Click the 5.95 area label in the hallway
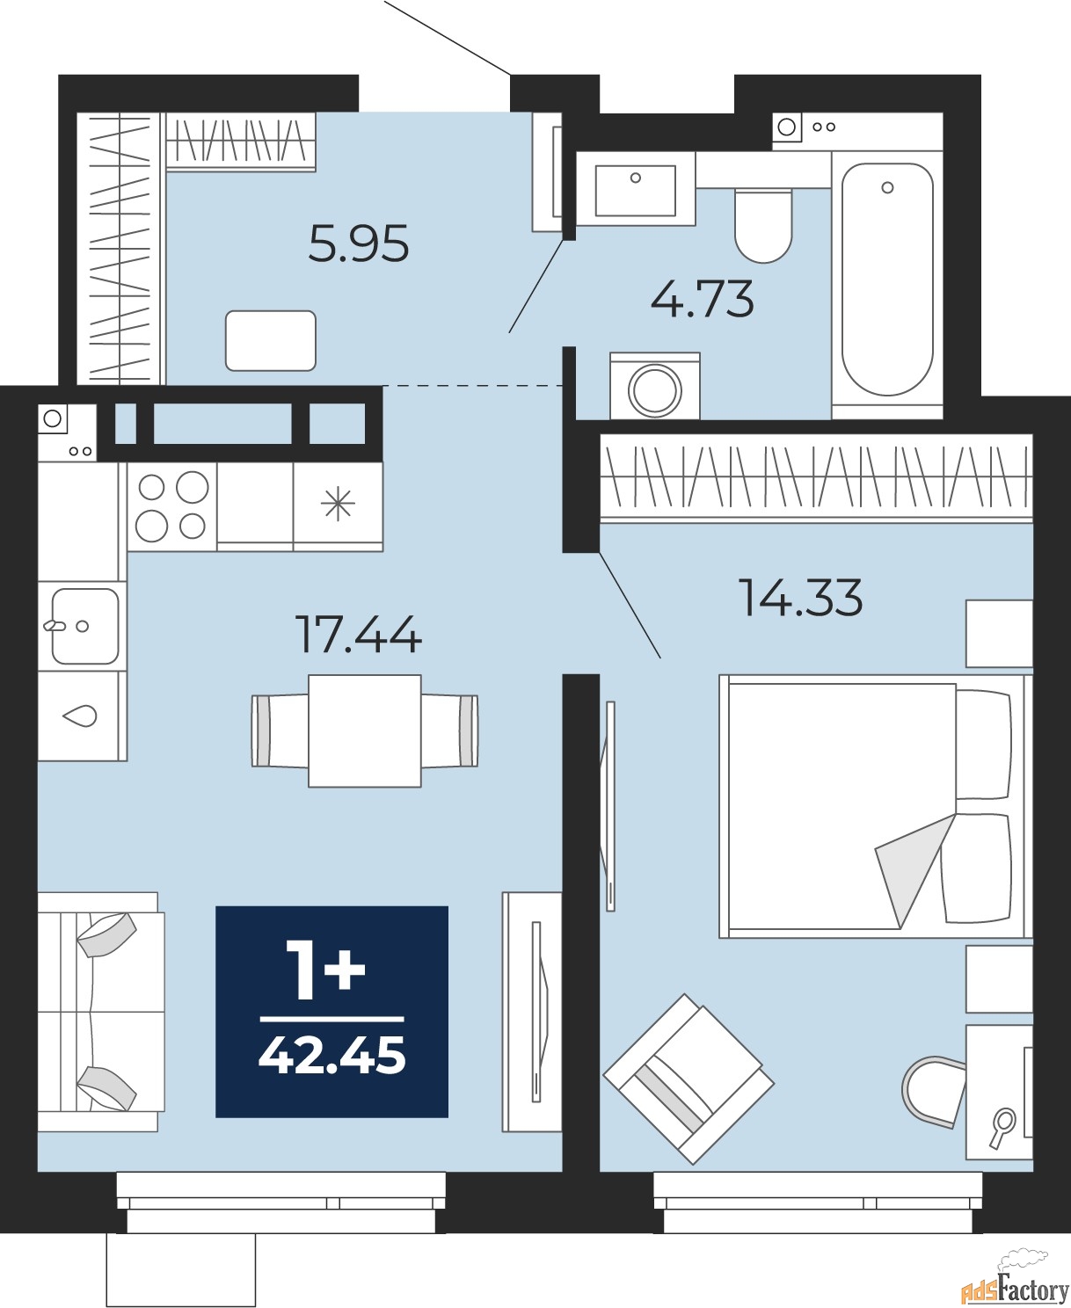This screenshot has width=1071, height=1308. coord(359,243)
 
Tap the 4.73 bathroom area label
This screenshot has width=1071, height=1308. coord(702,299)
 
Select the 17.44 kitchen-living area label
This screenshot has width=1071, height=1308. coord(360,635)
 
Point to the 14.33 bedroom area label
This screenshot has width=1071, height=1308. coord(800,597)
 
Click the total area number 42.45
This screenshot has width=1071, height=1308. coord(332,1057)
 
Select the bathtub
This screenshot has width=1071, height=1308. coord(887,279)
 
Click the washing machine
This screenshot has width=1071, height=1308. coord(655,387)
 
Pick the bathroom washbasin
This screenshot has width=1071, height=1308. coord(636,189)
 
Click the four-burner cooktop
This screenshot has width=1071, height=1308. coord(172,506)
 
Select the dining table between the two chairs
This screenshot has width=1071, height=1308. coord(365,731)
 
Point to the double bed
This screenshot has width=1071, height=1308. coord(876,806)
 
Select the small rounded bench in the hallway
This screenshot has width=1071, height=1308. coord(271,341)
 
